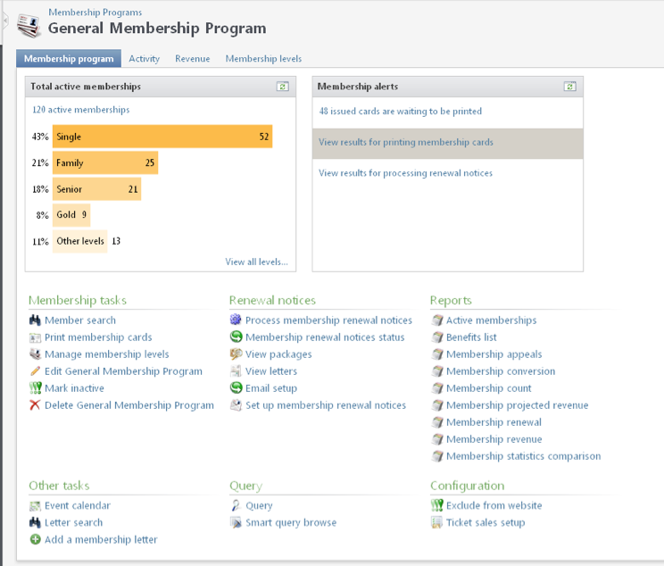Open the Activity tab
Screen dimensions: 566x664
tap(144, 59)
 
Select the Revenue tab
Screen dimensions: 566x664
tap(192, 59)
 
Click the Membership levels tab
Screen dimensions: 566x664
tap(263, 59)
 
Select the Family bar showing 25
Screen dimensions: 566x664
tap(105, 163)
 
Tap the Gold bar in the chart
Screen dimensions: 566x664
tap(71, 214)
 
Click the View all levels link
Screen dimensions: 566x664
tap(256, 262)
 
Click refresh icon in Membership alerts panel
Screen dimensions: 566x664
tap(569, 87)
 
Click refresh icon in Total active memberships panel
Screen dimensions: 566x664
tap(282, 87)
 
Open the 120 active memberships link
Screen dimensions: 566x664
tap(81, 110)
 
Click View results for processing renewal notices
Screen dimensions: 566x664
tap(405, 173)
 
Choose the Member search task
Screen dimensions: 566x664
tap(80, 320)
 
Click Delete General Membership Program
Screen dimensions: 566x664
tap(129, 405)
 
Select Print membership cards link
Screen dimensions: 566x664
tap(98, 337)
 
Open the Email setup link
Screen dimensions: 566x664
tap(271, 388)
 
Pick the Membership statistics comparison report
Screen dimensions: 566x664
tap(523, 456)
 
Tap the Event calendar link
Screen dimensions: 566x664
tap(78, 505)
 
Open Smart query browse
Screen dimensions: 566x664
tap(291, 522)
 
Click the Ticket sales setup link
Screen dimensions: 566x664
tap(486, 522)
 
